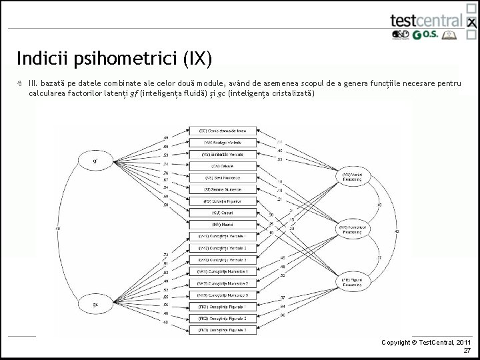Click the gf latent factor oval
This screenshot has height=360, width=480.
(95, 161)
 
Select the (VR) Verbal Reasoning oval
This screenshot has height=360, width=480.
(353, 177)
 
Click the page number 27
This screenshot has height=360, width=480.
(467, 351)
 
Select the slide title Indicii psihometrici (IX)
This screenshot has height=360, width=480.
(115, 58)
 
